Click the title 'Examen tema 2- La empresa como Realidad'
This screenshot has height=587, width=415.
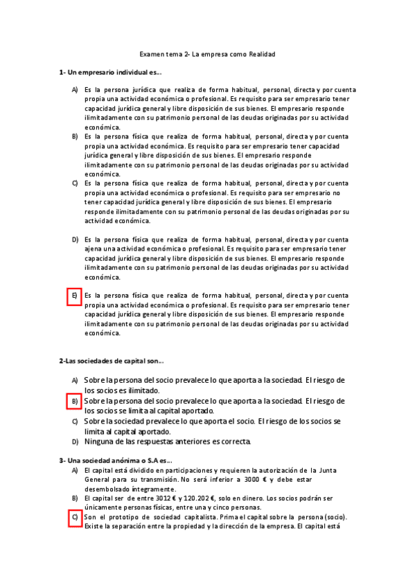(x=207, y=53)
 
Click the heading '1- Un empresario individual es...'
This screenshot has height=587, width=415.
(x=110, y=73)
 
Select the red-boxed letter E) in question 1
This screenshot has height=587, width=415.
(x=74, y=296)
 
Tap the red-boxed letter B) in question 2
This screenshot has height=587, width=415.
(x=74, y=401)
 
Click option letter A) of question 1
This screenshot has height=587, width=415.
(x=74, y=90)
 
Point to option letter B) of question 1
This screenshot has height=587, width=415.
(x=74, y=137)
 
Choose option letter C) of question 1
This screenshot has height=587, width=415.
(x=74, y=183)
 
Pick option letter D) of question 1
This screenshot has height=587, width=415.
(x=74, y=240)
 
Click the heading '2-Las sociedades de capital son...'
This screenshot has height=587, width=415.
(x=112, y=361)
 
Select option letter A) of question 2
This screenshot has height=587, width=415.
(x=74, y=381)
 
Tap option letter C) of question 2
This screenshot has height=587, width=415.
(x=74, y=421)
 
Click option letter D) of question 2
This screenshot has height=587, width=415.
(x=74, y=441)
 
